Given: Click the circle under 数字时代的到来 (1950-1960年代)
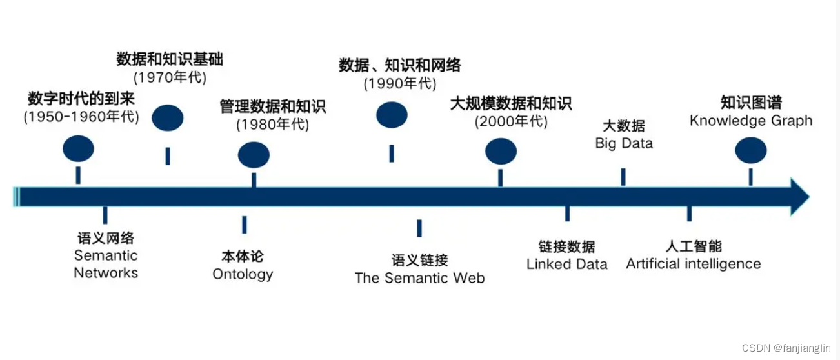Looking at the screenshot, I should coord(78,149).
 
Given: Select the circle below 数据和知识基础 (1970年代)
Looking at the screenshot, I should coord(168,118).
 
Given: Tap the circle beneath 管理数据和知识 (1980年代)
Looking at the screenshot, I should coord(254,155).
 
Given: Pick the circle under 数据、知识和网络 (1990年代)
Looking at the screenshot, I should coord(392,115).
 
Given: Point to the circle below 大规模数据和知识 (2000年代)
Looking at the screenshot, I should coord(501,151).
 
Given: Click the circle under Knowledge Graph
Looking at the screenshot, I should coord(751,150).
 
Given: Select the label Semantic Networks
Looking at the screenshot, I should coord(106,264).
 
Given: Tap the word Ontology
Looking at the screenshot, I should coord(243,274).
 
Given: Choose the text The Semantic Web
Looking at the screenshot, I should coord(419,278).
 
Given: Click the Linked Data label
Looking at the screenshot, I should coord(566,264).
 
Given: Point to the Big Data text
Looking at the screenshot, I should coord(624,143).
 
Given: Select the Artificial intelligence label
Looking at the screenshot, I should coord(693,263).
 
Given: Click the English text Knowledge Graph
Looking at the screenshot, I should coord(751,121).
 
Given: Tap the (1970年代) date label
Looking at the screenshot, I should coord(170,78).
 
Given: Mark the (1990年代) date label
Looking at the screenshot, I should coord(400,83).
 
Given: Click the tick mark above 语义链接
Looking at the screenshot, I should coord(419,228).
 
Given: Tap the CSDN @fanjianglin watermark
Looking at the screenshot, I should coord(786,348).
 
